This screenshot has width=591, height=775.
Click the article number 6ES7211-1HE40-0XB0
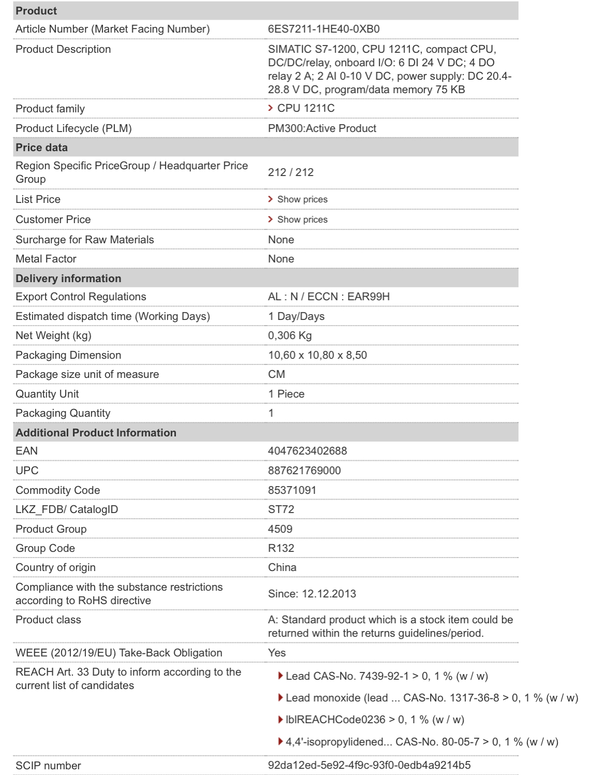coord(323,29)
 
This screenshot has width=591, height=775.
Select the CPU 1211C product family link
coord(305,108)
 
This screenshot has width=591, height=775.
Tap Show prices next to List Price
coord(302,199)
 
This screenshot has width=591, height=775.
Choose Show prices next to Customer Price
coord(302,220)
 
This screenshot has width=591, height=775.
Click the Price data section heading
coord(41,148)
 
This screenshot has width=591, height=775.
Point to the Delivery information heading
coord(68,279)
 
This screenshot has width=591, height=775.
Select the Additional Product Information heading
coord(96,433)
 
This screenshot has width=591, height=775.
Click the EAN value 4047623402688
coord(307,451)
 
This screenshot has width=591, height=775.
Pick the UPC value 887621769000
coord(304,471)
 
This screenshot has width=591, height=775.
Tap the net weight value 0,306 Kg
coord(290,335)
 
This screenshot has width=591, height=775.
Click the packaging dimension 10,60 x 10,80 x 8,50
coord(317,355)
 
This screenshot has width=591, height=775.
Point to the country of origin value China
coord(282,567)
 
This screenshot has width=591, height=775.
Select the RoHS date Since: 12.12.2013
coord(312,594)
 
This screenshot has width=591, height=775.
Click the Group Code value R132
coord(281,548)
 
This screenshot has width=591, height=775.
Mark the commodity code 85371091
coord(292,490)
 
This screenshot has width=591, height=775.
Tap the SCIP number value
coord(369,766)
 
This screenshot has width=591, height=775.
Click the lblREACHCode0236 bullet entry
coord(374,720)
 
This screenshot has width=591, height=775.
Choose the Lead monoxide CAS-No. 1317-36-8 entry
coord(431,698)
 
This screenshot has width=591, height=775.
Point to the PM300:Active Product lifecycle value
coord(322,128)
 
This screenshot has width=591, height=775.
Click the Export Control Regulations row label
coord(81,297)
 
